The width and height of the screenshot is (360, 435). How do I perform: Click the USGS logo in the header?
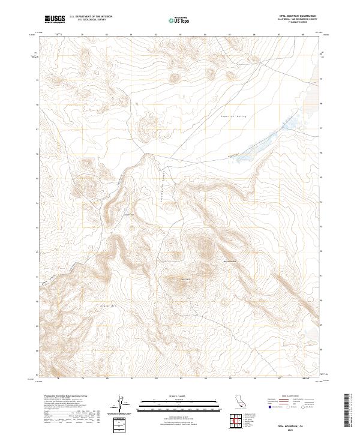point(55,19)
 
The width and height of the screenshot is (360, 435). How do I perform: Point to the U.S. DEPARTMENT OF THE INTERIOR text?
point(91,17)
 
